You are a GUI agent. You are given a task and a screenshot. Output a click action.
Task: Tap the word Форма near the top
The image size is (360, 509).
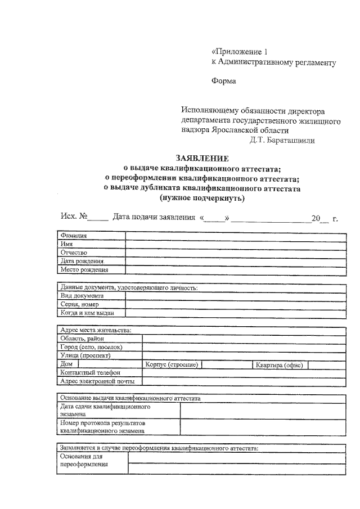(223, 80)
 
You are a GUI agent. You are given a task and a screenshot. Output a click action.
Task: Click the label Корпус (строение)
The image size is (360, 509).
(172, 364)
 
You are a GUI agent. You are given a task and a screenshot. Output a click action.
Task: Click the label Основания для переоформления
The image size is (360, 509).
(84, 461)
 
